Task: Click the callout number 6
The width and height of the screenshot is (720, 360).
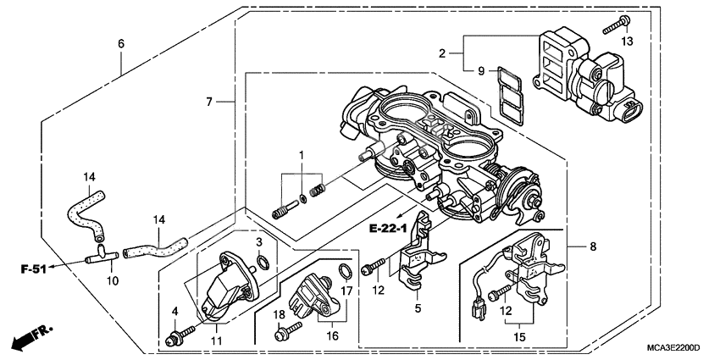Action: [x=120, y=43]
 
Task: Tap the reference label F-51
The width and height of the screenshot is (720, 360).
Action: [x=33, y=270]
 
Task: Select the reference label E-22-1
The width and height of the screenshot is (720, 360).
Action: [x=388, y=227]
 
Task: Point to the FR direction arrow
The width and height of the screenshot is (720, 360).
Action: [x=29, y=339]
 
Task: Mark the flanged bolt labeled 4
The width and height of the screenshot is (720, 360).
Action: [x=174, y=341]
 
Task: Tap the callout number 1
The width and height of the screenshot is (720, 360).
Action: [x=300, y=153]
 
